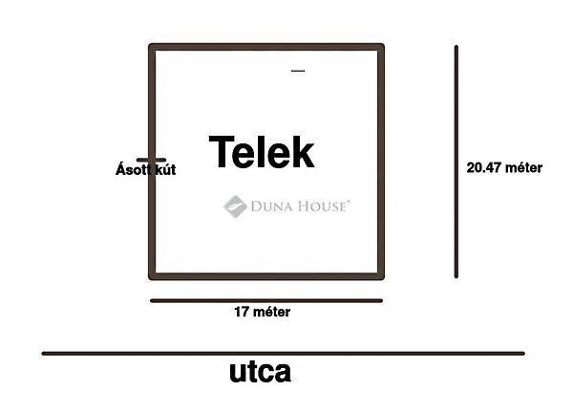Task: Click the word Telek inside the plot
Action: [261, 152]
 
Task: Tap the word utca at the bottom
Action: [260, 372]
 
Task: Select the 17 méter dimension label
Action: [262, 312]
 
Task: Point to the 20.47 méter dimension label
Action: [504, 167]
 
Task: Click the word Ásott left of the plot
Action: [131, 169]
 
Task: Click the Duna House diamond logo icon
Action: [235, 206]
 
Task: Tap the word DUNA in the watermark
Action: [272, 206]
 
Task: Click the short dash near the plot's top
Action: [297, 71]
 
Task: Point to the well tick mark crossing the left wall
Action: [151, 160]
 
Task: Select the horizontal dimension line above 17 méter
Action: [266, 300]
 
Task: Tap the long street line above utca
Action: [283, 354]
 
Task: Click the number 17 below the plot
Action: [241, 312]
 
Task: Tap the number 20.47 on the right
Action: [483, 167]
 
